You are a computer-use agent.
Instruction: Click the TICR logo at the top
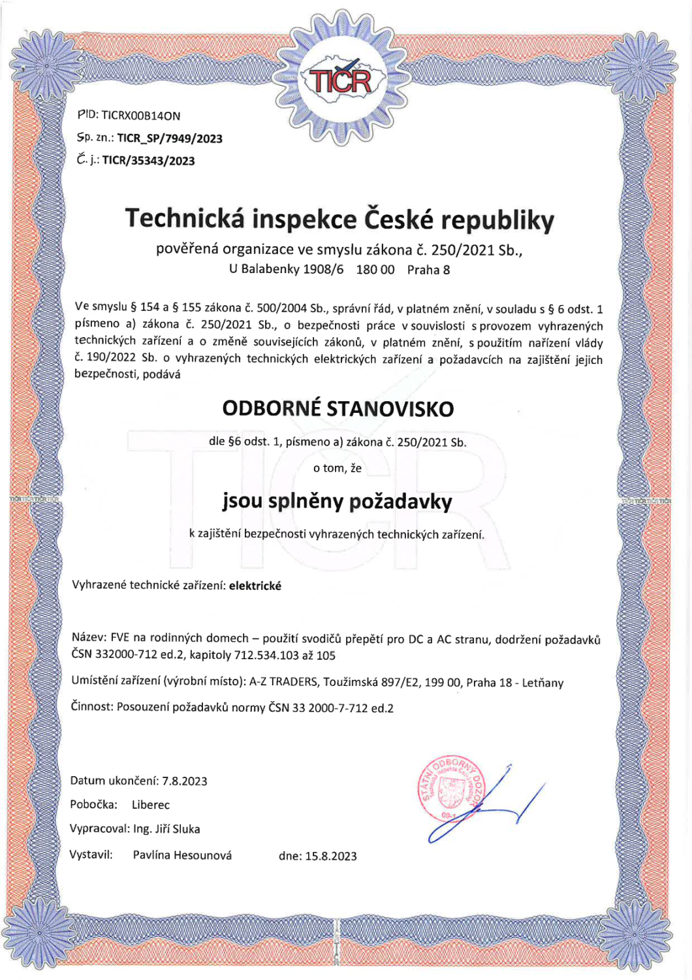[340, 80]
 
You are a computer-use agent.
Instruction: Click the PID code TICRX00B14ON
[140, 116]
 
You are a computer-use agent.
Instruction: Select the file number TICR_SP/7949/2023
[170, 139]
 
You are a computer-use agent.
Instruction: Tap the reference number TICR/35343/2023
[148, 161]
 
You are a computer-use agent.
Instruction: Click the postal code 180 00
[375, 270]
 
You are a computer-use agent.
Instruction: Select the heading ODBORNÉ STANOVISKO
[338, 409]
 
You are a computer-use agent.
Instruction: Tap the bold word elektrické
[255, 586]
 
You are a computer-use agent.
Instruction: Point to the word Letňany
[543, 683]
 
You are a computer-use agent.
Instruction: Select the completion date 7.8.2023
[185, 781]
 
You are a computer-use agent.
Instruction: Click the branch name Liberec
[151, 805]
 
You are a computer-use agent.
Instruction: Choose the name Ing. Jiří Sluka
[167, 829]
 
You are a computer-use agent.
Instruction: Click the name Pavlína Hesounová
[182, 855]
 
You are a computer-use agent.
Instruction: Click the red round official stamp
[450, 791]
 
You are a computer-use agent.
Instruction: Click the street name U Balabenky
[264, 269]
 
